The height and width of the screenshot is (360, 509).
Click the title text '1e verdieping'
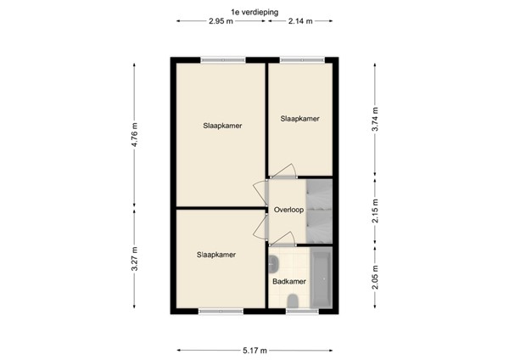pyautogui.click(x=254, y=11)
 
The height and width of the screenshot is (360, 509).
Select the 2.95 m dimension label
pyautogui.click(x=221, y=21)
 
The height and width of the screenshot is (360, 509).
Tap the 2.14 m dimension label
pyautogui.click(x=299, y=21)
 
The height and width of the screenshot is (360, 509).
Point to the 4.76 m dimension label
pyautogui.click(x=134, y=136)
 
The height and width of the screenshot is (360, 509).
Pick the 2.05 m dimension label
pyautogui.click(x=374, y=277)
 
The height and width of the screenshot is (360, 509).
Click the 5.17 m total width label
pyautogui.click(x=254, y=350)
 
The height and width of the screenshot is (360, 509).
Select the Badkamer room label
pyautogui.click(x=288, y=280)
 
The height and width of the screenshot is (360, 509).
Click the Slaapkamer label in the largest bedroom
pyautogui.click(x=222, y=126)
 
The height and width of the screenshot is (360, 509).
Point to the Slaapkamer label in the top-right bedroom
pyautogui.click(x=299, y=119)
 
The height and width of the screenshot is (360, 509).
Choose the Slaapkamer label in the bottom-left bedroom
pyautogui.click(x=215, y=254)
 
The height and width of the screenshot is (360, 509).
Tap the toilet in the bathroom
pyautogui.click(x=293, y=300)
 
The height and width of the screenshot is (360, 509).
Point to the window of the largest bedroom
pyautogui.click(x=222, y=59)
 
